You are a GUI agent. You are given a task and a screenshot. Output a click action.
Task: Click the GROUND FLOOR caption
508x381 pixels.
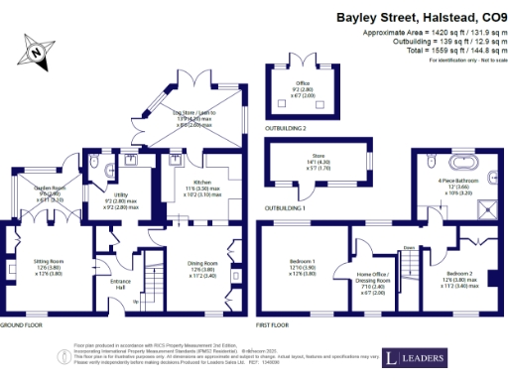(x=20, y=324)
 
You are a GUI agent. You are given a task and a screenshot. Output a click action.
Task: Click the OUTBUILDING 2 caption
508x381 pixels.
(x=286, y=128)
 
